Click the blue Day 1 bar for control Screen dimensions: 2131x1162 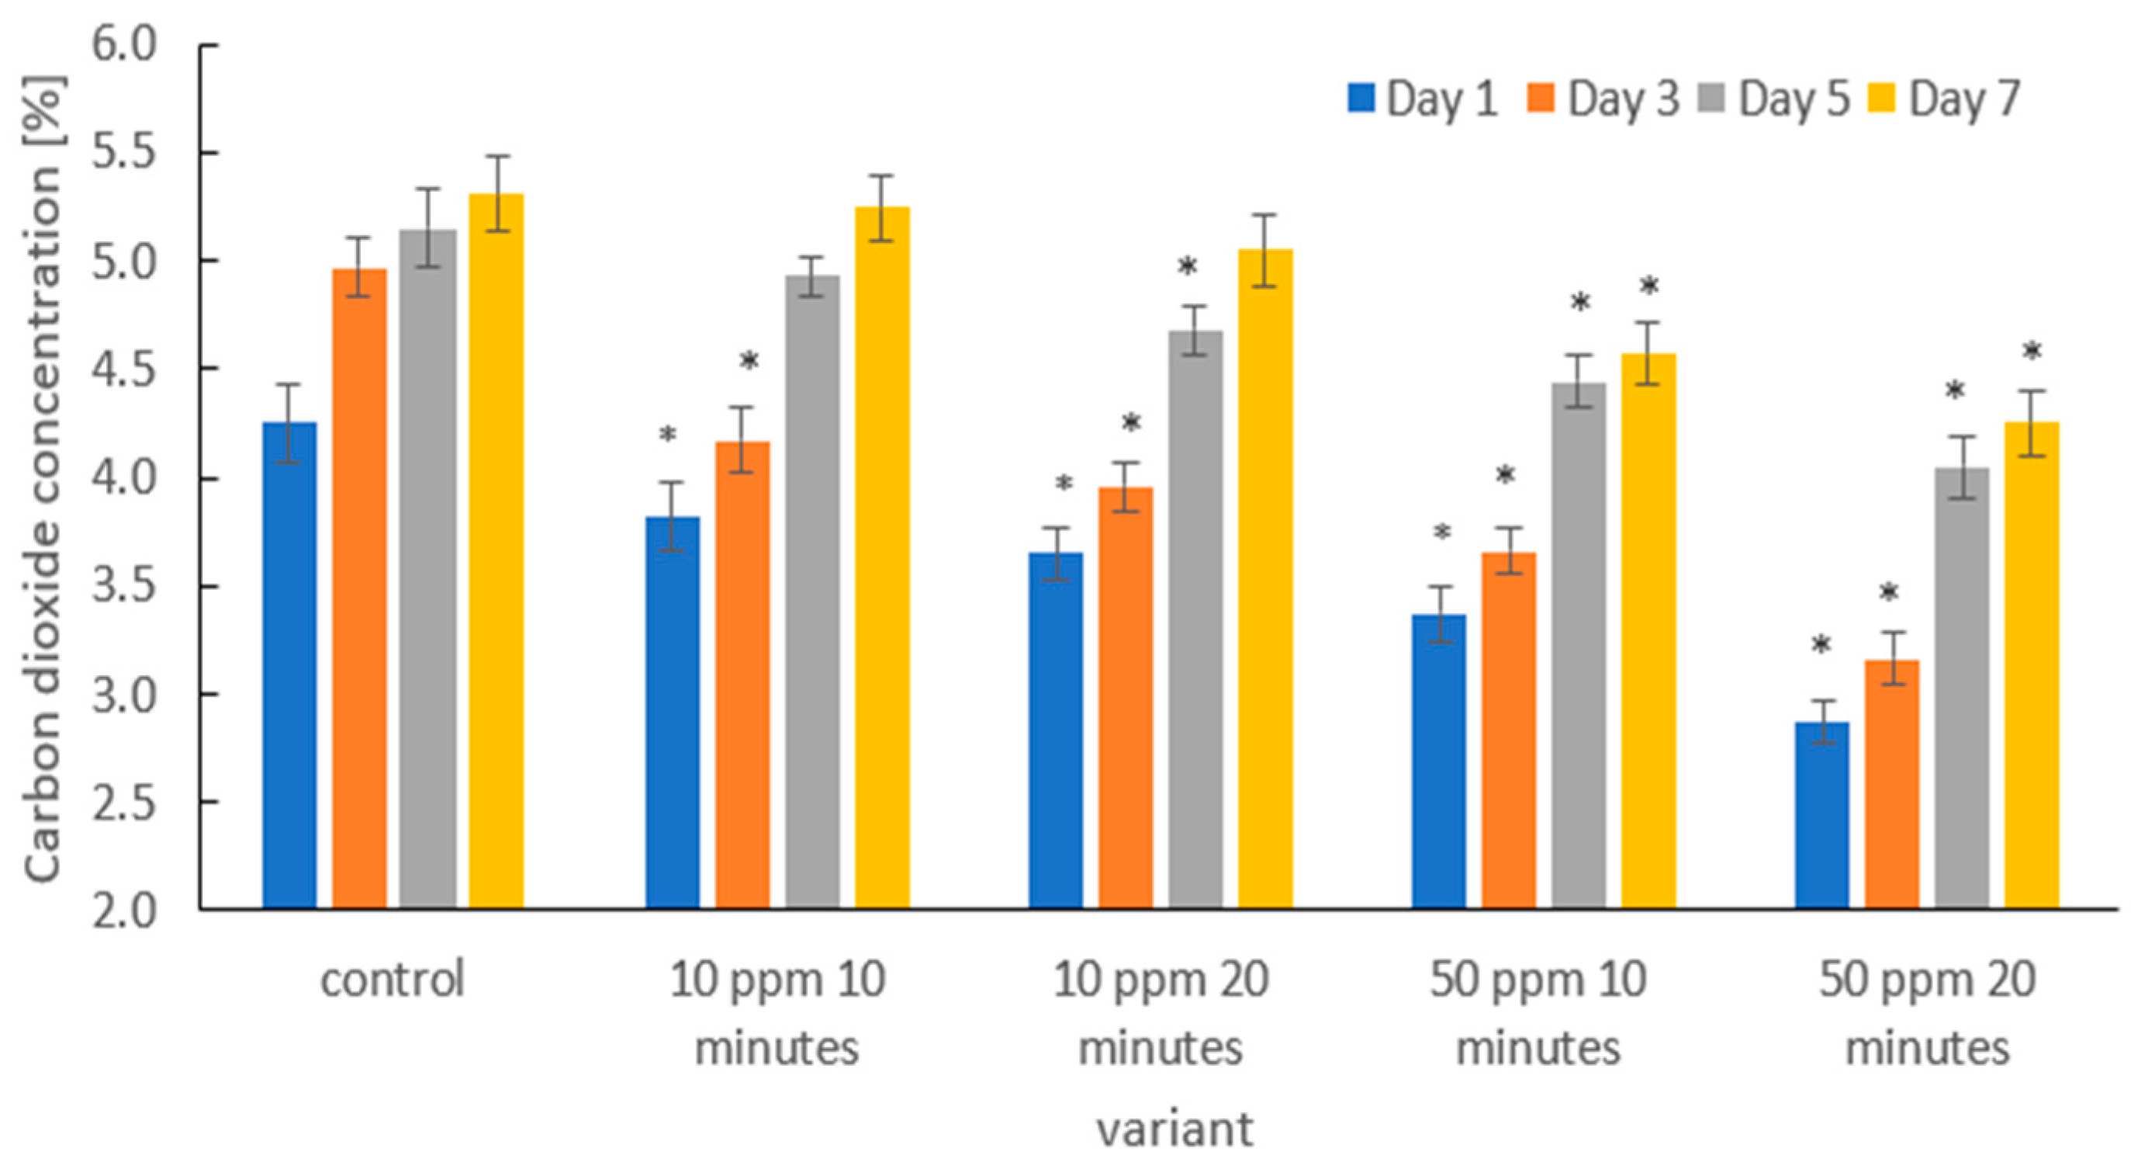click(289, 665)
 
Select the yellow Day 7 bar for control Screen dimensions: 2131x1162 click(496, 551)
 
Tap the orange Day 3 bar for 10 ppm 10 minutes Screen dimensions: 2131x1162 click(742, 675)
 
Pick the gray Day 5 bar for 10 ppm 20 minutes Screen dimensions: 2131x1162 click(1195, 620)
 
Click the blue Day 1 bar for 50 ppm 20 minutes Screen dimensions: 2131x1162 click(1821, 815)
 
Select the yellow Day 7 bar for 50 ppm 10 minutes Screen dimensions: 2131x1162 click(1648, 632)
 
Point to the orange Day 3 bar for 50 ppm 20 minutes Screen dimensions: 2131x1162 click(1891, 785)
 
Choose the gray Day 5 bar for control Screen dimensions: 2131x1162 click(427, 570)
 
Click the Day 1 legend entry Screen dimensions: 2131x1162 click(1422, 99)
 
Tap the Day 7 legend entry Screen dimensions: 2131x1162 click(1945, 99)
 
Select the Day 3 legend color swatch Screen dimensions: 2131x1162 click(1541, 98)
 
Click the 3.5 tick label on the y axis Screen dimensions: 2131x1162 click(124, 586)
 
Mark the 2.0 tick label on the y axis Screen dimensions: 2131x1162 click(124, 911)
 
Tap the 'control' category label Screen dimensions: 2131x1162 click(393, 980)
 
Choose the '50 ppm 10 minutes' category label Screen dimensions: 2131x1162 click(1538, 1014)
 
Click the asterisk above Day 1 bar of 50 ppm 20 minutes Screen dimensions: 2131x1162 click(1821, 646)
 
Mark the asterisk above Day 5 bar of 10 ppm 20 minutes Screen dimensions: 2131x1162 click(1187, 267)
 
